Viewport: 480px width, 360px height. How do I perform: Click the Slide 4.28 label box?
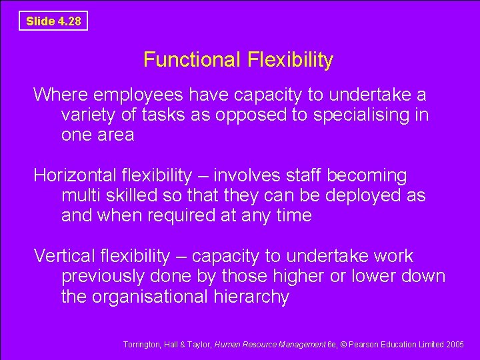pos(53,21)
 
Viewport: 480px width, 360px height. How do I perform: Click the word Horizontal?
pos(75,176)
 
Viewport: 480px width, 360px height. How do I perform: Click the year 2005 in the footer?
pos(455,345)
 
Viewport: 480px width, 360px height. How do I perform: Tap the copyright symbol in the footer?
pos(343,345)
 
